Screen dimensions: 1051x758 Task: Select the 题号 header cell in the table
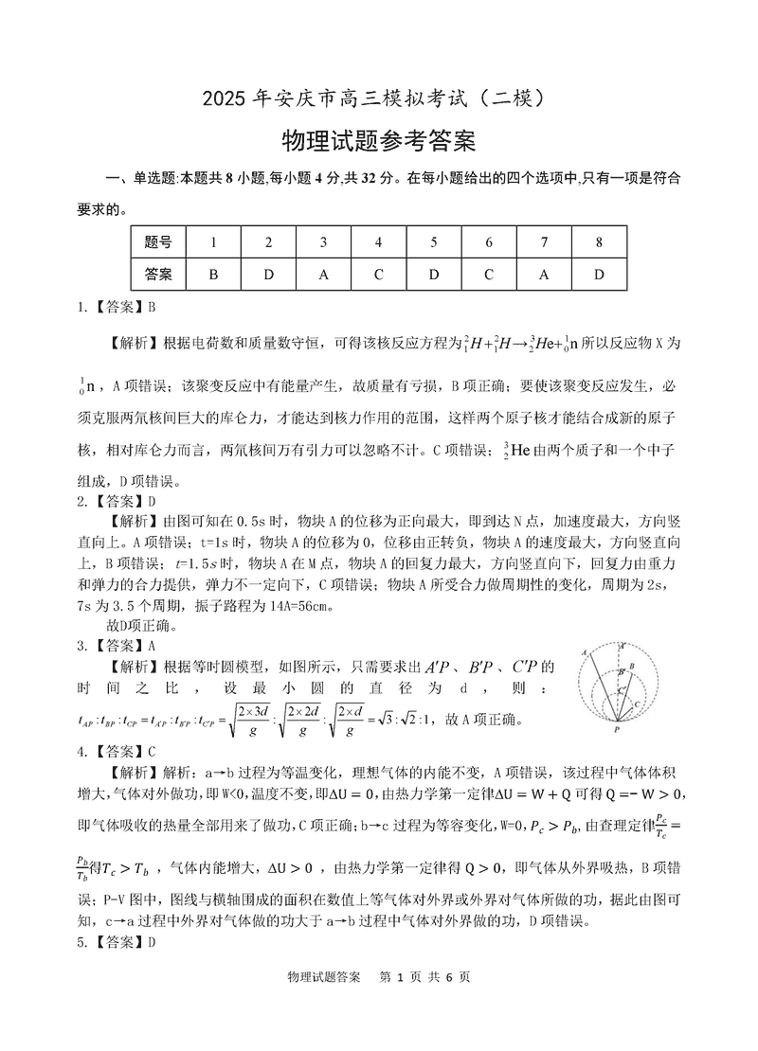coord(158,242)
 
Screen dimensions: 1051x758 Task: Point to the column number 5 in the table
coord(433,242)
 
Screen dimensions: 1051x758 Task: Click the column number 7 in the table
coord(544,242)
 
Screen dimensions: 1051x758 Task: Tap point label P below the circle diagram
coord(617,731)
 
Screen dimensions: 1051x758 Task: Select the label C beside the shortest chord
coord(638,705)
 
